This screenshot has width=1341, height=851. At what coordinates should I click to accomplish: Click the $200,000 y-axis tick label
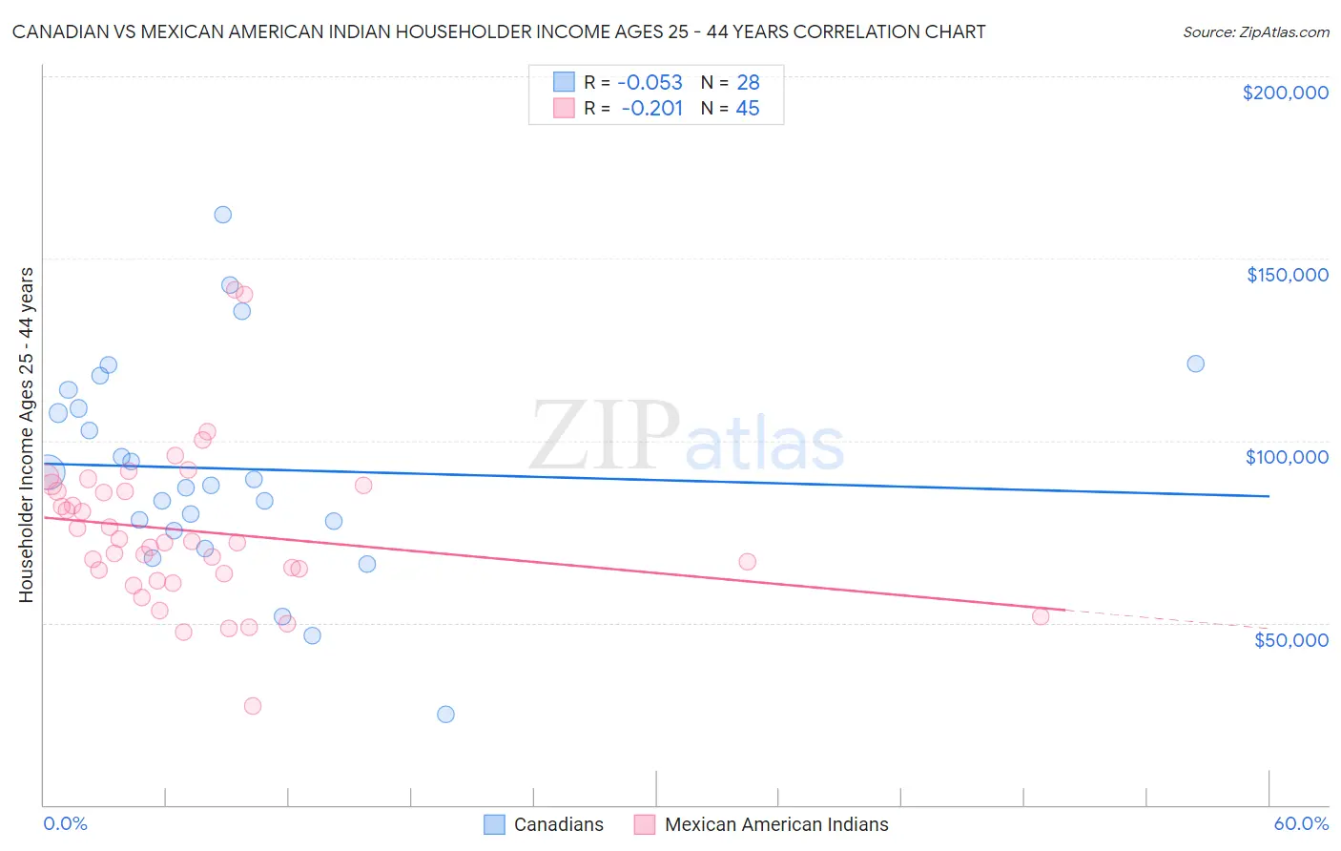tap(1285, 93)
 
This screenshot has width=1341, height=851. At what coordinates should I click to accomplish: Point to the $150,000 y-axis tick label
tap(1287, 275)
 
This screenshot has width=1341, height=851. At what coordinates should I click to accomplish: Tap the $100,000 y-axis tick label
tap(1287, 457)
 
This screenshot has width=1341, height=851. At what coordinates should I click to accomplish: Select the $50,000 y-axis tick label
tap(1290, 639)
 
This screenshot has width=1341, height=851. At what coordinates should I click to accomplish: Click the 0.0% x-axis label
tap(65, 823)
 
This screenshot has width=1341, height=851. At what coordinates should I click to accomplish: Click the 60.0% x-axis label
tap(1301, 823)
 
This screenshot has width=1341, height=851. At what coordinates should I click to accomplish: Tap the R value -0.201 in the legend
tap(651, 109)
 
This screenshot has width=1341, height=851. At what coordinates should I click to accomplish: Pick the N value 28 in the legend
tap(748, 83)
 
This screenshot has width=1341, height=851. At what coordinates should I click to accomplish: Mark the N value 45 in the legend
tap(748, 109)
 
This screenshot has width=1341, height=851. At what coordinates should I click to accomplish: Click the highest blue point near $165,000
tap(222, 215)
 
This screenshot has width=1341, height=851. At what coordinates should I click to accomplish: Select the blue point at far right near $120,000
tap(1195, 363)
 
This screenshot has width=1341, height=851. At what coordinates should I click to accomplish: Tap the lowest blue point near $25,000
tap(445, 715)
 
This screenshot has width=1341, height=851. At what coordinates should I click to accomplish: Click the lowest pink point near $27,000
tap(253, 706)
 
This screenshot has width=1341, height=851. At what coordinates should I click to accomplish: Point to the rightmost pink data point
tap(1041, 616)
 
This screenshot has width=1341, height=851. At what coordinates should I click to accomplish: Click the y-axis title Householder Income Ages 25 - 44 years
tap(26, 435)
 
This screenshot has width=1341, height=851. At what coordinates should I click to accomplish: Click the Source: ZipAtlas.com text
tap(1255, 32)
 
